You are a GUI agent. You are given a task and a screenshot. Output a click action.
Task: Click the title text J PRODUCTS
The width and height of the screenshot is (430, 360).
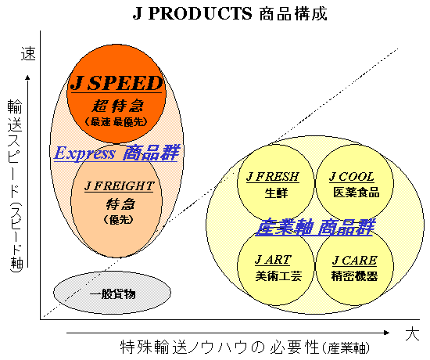tap(192, 13)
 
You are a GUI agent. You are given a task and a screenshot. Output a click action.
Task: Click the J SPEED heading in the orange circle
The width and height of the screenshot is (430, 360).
tap(116, 83)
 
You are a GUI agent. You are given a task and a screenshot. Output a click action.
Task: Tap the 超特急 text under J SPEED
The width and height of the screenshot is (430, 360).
tap(117, 106)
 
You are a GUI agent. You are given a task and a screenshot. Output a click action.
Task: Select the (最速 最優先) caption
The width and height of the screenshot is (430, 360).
tap(116, 121)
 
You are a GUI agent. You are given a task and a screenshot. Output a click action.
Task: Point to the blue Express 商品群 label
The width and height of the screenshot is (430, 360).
tap(116, 153)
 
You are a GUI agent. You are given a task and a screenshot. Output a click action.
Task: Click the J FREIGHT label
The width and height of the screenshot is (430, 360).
tap(120, 186)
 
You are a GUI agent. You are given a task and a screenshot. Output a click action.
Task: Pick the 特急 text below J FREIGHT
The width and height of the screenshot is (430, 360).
tap(120, 204)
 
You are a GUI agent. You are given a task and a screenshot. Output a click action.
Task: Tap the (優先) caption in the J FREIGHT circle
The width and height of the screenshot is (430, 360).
tap(119, 219)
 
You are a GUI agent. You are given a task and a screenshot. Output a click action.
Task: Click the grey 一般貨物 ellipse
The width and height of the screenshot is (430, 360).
tap(113, 293)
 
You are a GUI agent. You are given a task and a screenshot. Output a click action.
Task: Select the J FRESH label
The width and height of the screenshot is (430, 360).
tap(273, 177)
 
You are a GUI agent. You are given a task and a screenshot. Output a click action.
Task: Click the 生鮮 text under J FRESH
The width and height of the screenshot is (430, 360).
tap(277, 193)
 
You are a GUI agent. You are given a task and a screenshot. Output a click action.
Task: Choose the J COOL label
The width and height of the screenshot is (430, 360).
tap(352, 177)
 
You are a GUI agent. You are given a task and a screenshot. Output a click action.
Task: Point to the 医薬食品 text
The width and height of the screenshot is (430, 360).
tap(357, 193)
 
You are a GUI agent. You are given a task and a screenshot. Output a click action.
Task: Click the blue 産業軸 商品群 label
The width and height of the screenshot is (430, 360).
tap(315, 228)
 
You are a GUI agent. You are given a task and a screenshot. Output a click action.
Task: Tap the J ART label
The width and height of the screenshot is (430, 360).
tap(273, 260)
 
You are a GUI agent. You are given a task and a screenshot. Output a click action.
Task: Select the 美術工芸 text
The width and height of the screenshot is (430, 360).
tap(278, 275)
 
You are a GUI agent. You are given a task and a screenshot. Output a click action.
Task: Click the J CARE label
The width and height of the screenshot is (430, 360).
tap(355, 260)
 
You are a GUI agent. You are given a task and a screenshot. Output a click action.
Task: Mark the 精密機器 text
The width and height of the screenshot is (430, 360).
tap(355, 275)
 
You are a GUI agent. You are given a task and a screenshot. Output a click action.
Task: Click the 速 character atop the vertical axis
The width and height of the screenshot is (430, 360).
tap(28, 53)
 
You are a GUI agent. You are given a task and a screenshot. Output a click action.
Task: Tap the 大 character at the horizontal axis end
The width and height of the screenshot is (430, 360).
tap(412, 333)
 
